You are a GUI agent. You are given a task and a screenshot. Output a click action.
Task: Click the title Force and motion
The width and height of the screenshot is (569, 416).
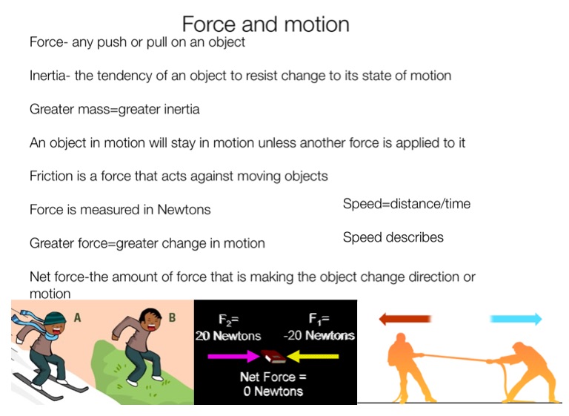[x=266, y=24]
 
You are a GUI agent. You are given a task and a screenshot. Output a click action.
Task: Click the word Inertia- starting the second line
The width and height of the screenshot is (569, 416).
[x=50, y=76]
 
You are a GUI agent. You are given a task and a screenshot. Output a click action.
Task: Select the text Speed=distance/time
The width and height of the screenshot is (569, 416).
[x=407, y=204]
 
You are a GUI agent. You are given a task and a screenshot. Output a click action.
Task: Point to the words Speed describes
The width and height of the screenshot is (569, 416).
[x=393, y=237]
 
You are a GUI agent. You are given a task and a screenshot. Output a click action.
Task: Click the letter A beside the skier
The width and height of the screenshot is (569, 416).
[x=77, y=318]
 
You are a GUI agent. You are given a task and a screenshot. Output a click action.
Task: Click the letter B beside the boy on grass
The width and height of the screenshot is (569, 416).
[x=172, y=317]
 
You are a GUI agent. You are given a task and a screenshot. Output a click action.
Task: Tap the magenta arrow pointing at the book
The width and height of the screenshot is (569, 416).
[x=233, y=356]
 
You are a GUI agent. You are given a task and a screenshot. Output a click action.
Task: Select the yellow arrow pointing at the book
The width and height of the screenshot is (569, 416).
[x=313, y=356]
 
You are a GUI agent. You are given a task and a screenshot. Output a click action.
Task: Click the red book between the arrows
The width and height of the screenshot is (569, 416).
[x=273, y=356]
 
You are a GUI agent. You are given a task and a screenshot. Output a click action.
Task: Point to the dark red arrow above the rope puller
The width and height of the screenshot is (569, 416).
[x=405, y=319]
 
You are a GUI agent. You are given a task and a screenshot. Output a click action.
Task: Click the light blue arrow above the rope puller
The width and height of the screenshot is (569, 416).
[x=516, y=319]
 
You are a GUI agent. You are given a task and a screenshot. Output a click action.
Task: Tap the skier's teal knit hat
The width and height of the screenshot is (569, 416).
[x=55, y=319]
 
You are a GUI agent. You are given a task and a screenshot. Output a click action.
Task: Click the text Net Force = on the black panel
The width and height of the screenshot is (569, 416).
[x=273, y=377]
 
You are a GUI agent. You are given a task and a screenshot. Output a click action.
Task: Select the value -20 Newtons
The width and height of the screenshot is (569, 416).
[x=319, y=335]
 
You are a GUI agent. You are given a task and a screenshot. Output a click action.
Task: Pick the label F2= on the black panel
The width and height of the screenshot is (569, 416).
[x=229, y=320]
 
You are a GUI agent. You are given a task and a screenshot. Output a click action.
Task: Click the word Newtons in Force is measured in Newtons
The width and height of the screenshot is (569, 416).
[x=184, y=210]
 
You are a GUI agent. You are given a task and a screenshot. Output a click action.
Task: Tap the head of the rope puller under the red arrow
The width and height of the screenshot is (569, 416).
[x=401, y=338]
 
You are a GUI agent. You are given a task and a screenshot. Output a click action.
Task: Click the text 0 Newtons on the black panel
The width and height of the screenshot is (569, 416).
[x=273, y=392]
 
